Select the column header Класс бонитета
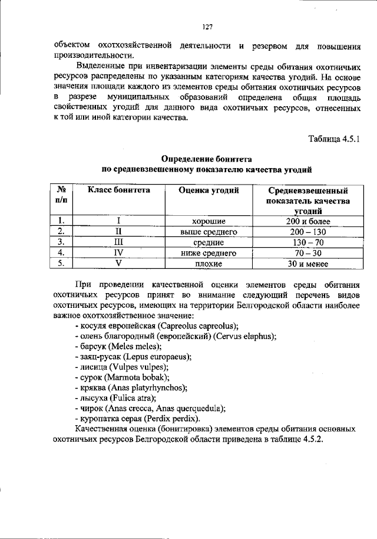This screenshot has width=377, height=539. pyautogui.click(x=118, y=190)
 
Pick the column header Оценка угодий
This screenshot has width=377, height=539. pyautogui.click(x=209, y=190)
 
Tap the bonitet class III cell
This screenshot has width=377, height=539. pyautogui.click(x=118, y=242)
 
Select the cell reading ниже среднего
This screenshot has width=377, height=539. pyautogui.click(x=209, y=253)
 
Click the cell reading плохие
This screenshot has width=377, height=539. pyautogui.click(x=209, y=264)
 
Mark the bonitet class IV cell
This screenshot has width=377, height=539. pyautogui.click(x=118, y=253)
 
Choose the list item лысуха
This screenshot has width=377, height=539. pyautogui.click(x=92, y=397)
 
